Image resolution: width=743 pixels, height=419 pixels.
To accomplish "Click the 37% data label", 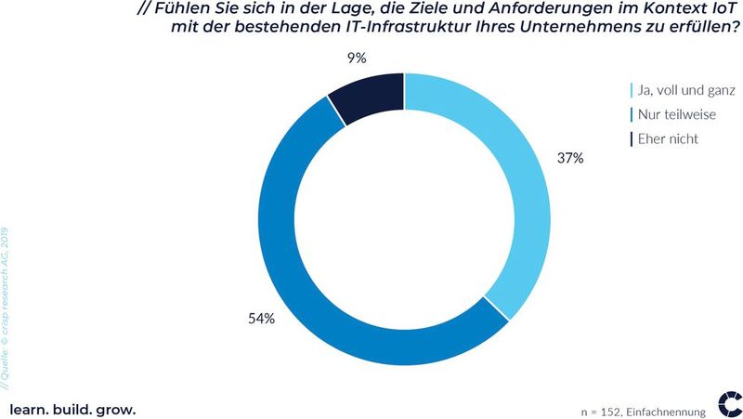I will point(570,159).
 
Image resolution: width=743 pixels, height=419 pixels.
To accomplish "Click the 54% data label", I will point(261,320).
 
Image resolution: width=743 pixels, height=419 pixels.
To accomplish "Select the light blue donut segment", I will point(520,186).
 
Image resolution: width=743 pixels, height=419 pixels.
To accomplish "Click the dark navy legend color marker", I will point(632,139).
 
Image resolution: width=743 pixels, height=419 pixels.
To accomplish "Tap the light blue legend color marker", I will point(632,91).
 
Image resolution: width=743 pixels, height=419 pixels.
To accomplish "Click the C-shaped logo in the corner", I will point(729,404).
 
